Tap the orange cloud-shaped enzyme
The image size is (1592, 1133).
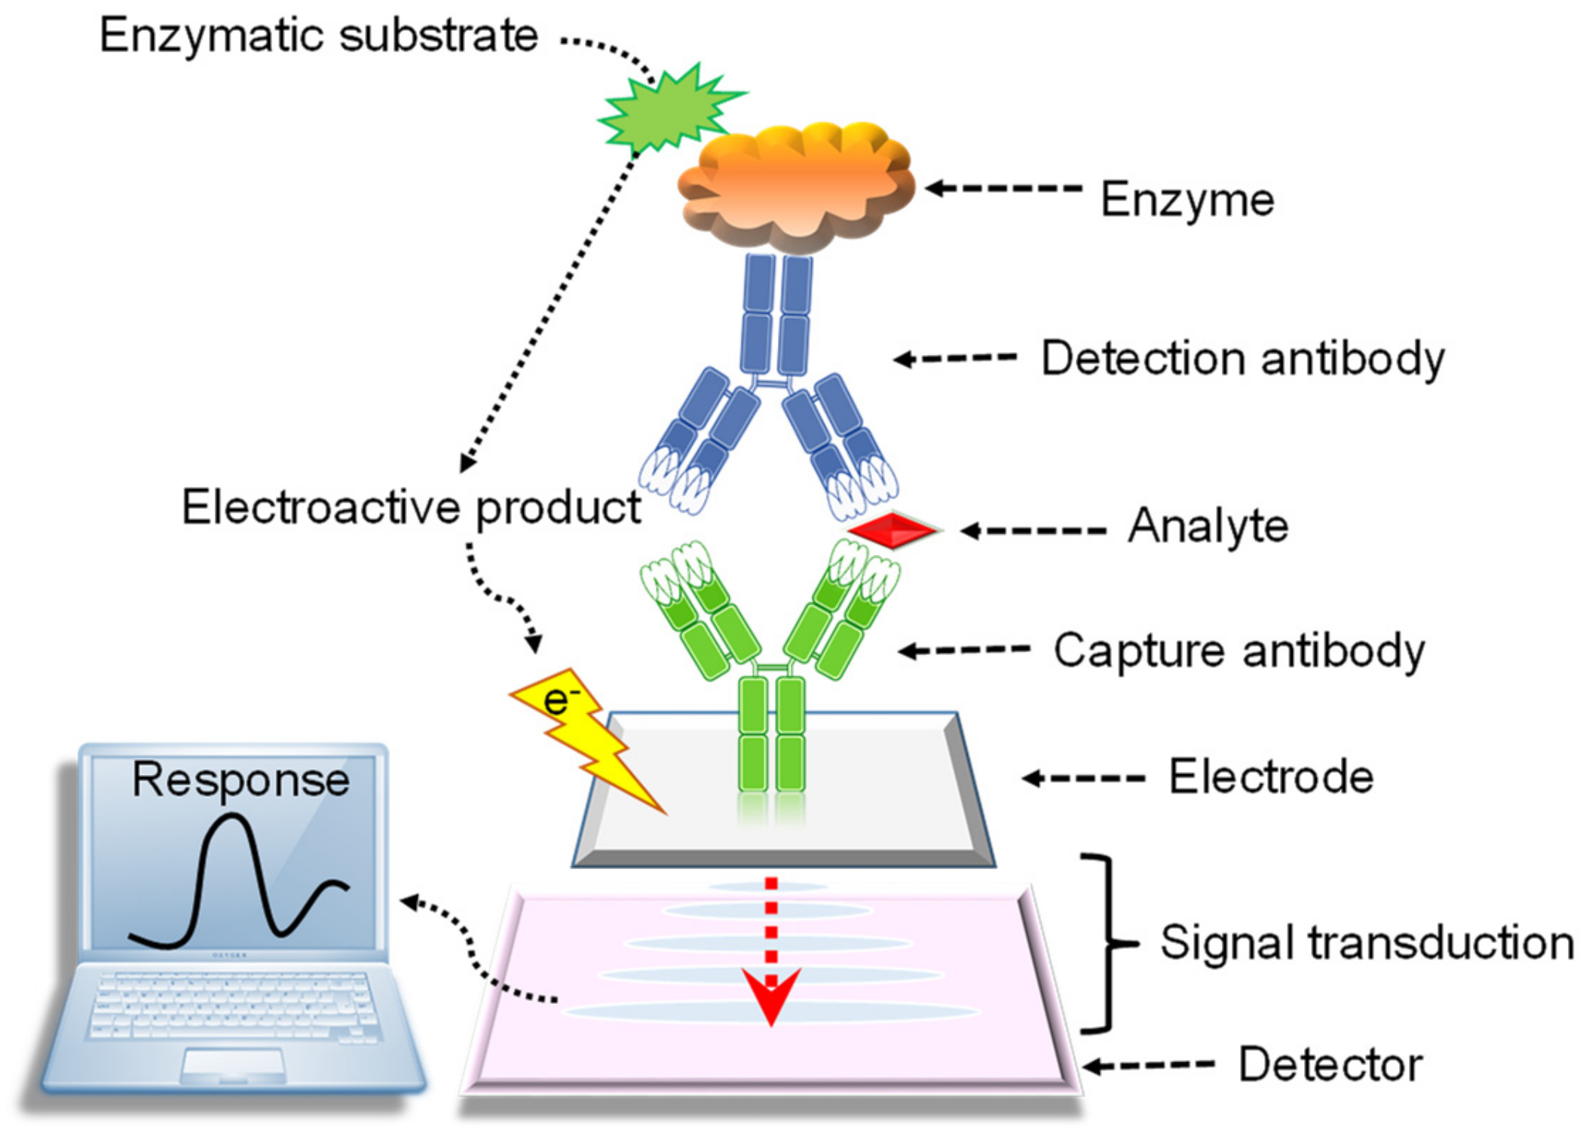click(x=795, y=188)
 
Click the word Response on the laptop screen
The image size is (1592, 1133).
click(x=240, y=779)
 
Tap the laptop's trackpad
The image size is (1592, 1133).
click(x=234, y=1064)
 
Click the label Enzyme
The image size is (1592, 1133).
click(x=1186, y=201)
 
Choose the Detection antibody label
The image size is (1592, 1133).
click(x=1242, y=358)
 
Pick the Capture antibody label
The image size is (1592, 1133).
click(x=1238, y=651)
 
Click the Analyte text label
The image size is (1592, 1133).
click(x=1208, y=525)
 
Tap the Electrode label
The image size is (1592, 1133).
click(x=1271, y=777)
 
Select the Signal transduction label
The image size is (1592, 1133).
click(x=1366, y=942)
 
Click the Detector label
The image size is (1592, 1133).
click(x=1330, y=1064)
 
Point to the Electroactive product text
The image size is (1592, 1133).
click(x=411, y=507)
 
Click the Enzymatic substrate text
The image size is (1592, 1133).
click(x=319, y=35)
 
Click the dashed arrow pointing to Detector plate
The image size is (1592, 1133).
click(x=1150, y=1065)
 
